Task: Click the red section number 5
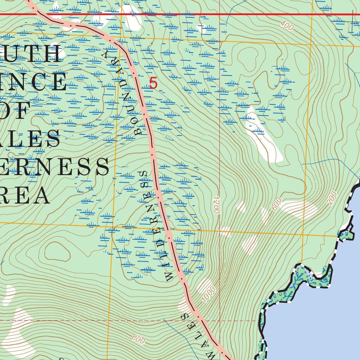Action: [x=153, y=84]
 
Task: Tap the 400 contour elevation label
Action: [x=287, y=26]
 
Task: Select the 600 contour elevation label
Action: [x=277, y=204]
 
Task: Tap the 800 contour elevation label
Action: [x=139, y=340]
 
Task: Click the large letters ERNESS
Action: [x=53, y=167]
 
